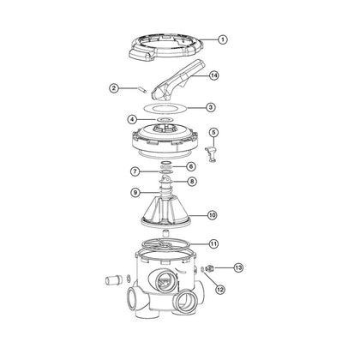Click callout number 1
222,39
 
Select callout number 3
211,108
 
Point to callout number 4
131,119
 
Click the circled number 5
214,132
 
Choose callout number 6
190,166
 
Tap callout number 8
190,182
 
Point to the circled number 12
220,289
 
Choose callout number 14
213,75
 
